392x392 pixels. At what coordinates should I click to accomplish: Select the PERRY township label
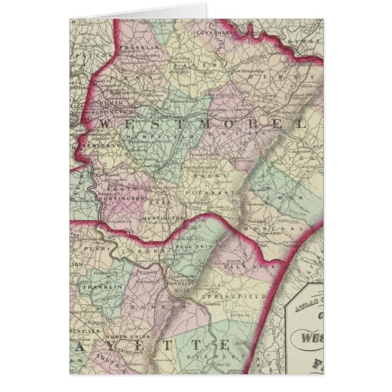94,249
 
